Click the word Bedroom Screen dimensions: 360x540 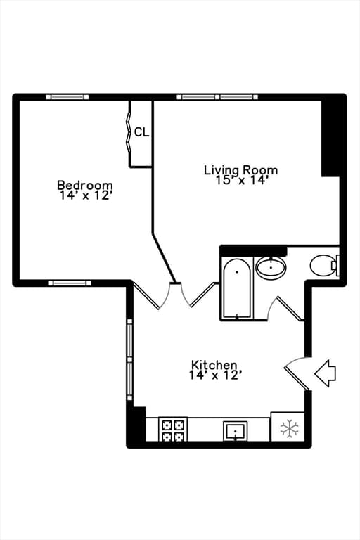(85, 186)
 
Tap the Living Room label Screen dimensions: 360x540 (240, 170)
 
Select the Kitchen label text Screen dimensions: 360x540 (214, 365)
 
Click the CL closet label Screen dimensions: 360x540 (141, 132)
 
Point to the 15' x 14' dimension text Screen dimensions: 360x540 (241, 180)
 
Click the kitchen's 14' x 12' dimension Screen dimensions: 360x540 (214, 375)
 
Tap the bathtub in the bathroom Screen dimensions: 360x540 (237, 288)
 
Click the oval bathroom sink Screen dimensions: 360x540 (271, 268)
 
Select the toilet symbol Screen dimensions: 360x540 (325, 265)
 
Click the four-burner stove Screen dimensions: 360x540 (172, 430)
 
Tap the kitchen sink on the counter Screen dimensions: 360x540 (236, 431)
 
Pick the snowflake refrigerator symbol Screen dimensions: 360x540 (289, 429)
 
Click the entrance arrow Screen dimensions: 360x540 (325, 373)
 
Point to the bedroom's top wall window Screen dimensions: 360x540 (67, 97)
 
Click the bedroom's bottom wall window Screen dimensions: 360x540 (70, 283)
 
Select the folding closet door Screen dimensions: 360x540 (129, 132)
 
